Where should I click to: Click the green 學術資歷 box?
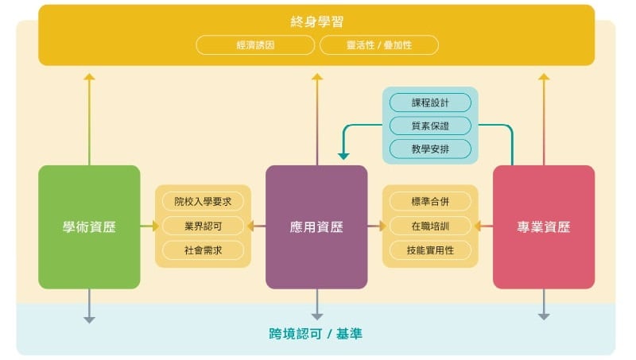pos(89,227)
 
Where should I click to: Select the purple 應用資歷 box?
pos(316,227)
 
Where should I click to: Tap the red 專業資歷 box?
pos(544,227)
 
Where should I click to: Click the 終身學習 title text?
pos(316,21)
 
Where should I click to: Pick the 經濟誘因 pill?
pos(255,45)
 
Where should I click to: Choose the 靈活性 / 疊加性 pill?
pos(379,45)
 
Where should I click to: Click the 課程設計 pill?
pos(430,103)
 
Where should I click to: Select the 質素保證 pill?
pos(430,126)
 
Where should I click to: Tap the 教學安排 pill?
pos(430,149)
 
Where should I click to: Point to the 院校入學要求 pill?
pos(203,201)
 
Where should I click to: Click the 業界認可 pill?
pos(203,226)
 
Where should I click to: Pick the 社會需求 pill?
pos(203,250)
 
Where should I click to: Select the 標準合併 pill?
pos(430,201)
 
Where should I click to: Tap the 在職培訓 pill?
pos(430,226)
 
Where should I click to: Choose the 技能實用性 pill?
pos(430,250)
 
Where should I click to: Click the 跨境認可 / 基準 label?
pos(316,334)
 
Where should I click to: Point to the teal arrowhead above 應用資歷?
pos(343,157)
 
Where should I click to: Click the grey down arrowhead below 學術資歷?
pos(89,320)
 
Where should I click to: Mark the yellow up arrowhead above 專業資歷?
pos(544,76)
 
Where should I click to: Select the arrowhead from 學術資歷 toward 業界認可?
pos(156,226)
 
